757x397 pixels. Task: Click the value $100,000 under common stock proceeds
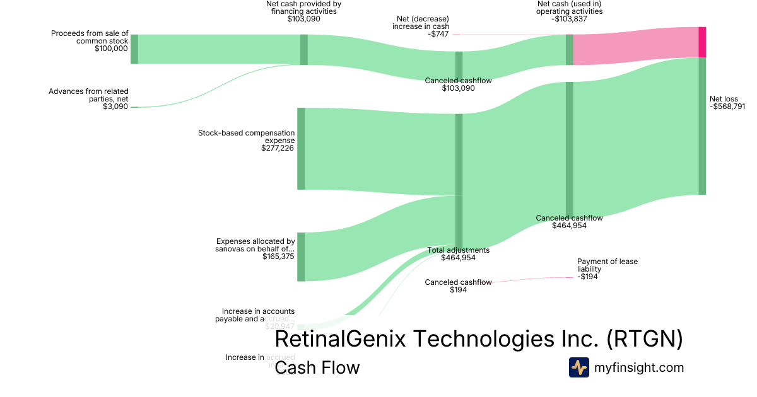[111, 49]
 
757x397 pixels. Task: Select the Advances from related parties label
[88, 95]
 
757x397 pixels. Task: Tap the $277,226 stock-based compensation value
[278, 148]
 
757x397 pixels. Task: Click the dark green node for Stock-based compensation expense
[301, 148]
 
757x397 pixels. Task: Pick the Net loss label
[724, 99]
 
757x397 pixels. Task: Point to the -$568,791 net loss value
[732, 106]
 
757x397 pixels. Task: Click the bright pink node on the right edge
[702, 42]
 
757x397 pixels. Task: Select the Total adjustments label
[459, 250]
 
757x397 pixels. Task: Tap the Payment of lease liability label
[602, 265]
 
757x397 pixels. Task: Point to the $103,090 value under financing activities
[303, 19]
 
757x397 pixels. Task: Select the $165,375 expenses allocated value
[278, 256]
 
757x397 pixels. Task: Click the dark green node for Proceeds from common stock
[134, 49]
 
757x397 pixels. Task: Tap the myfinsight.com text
[638, 367]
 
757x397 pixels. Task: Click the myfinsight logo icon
[578, 367]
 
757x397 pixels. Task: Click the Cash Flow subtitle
[317, 367]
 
